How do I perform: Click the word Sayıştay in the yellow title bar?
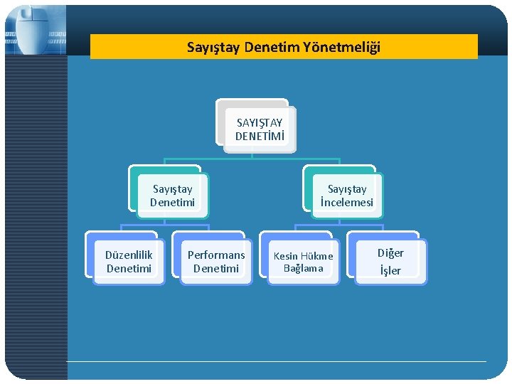click(x=213, y=48)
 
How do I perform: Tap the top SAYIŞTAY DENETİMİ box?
click(x=259, y=129)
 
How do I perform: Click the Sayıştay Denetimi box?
click(x=172, y=196)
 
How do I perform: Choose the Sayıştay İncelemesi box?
click(x=346, y=196)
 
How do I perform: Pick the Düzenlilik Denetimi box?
click(x=129, y=261)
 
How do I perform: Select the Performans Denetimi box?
click(x=215, y=261)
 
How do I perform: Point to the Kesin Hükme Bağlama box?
click(x=303, y=262)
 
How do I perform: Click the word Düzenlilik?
click(x=129, y=255)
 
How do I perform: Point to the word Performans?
click(x=216, y=255)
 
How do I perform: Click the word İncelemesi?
click(x=347, y=203)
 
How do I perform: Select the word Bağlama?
click(x=304, y=269)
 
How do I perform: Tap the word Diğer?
click(x=390, y=253)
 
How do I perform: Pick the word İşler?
click(x=390, y=270)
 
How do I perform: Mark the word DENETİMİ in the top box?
click(x=259, y=135)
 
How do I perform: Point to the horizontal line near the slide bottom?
click(x=277, y=361)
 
